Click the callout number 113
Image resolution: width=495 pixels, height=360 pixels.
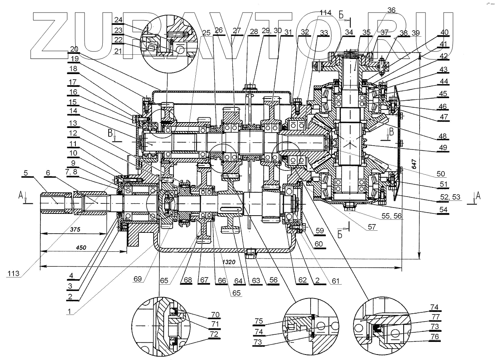coord(13,274)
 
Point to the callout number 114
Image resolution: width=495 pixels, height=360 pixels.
coord(325,13)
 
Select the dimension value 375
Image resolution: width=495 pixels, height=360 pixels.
coord(75,229)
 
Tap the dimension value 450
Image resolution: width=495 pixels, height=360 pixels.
coord(81,248)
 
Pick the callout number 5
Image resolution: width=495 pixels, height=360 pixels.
coord(26,173)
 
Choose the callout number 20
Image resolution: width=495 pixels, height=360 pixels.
coord(74,49)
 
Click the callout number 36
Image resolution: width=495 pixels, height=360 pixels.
coord(391,10)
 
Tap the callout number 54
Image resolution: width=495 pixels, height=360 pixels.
coord(443,210)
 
